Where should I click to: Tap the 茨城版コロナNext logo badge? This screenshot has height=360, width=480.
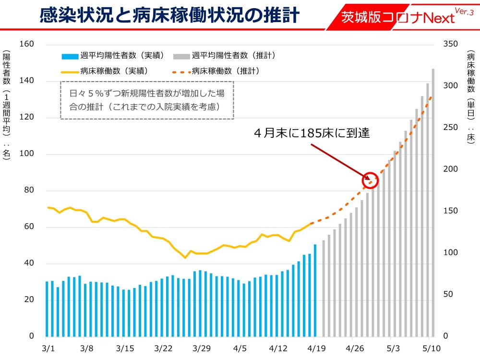398,17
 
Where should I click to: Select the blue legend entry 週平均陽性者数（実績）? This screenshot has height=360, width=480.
113,56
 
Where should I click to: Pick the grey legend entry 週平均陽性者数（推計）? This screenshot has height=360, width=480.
226,56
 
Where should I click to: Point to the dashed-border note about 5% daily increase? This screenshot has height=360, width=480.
147,100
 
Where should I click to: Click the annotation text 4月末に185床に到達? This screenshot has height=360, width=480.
312,133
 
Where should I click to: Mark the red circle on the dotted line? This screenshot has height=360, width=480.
371,180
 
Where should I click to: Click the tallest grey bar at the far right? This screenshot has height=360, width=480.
433,202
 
